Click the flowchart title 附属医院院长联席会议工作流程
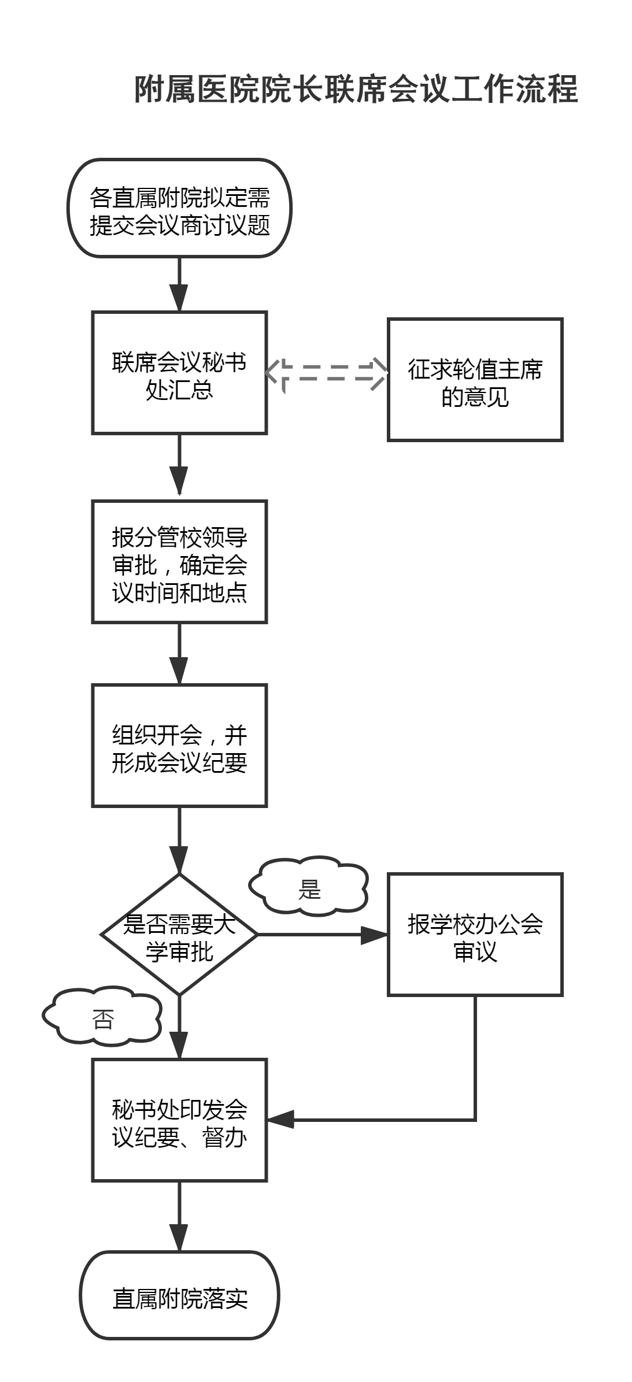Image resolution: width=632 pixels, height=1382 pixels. pos(356,90)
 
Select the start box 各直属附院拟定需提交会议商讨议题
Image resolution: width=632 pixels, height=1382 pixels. pos(179,208)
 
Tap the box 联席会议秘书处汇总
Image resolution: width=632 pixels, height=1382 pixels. pos(179,373)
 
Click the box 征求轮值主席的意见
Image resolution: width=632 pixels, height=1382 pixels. pos(475,380)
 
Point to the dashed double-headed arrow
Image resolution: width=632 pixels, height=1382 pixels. pos(327,373)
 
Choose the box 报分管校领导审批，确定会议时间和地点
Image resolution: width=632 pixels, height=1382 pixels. pos(179,562)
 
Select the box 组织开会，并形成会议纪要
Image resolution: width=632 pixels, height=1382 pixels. pos(179,746)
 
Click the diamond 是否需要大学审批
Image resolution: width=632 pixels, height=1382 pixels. pos(179,935)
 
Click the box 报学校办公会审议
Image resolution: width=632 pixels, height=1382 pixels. pos(475,935)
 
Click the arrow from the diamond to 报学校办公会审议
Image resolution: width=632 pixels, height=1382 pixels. pos(321,935)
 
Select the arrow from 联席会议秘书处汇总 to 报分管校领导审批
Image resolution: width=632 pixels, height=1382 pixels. pos(179,465)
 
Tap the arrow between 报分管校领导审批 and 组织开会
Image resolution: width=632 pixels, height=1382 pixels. pos(179,653)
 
